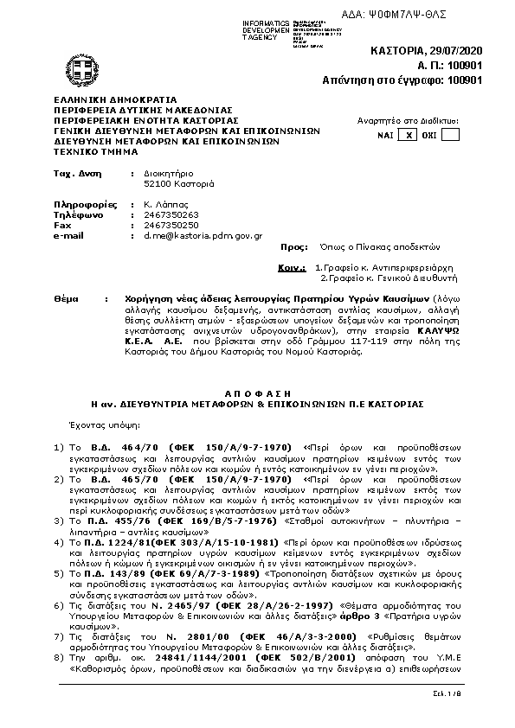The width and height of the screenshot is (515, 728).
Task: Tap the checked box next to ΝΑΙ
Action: point(411,135)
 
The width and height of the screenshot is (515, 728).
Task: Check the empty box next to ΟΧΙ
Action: point(450,135)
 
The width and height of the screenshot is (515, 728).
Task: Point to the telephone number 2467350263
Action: point(169,214)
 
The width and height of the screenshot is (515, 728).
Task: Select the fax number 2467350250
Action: point(169,225)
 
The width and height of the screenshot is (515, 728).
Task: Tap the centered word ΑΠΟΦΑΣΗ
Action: point(257,390)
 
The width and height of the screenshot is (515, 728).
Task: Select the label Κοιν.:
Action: point(291,269)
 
